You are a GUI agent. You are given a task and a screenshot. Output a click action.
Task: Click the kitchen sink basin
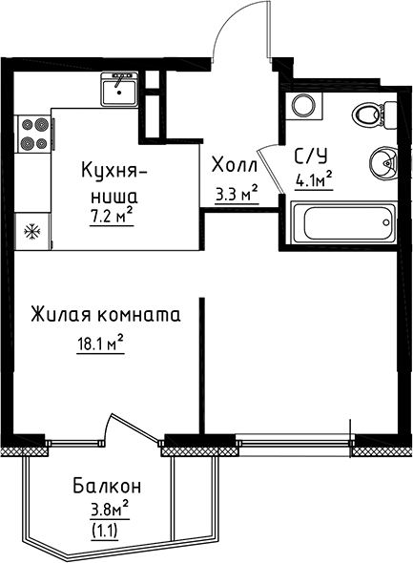(117, 88)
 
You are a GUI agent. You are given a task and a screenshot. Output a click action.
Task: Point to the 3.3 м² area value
(237, 195)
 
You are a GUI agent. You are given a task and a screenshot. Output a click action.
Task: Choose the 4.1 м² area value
(313, 178)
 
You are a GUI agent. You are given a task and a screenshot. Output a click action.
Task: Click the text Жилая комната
(105, 314)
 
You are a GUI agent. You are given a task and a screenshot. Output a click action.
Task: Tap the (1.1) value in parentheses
(105, 527)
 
